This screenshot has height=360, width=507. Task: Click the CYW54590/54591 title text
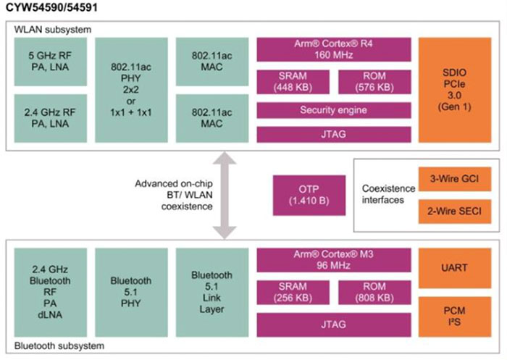coord(47,8)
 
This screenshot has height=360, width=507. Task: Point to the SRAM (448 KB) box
coord(293,82)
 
